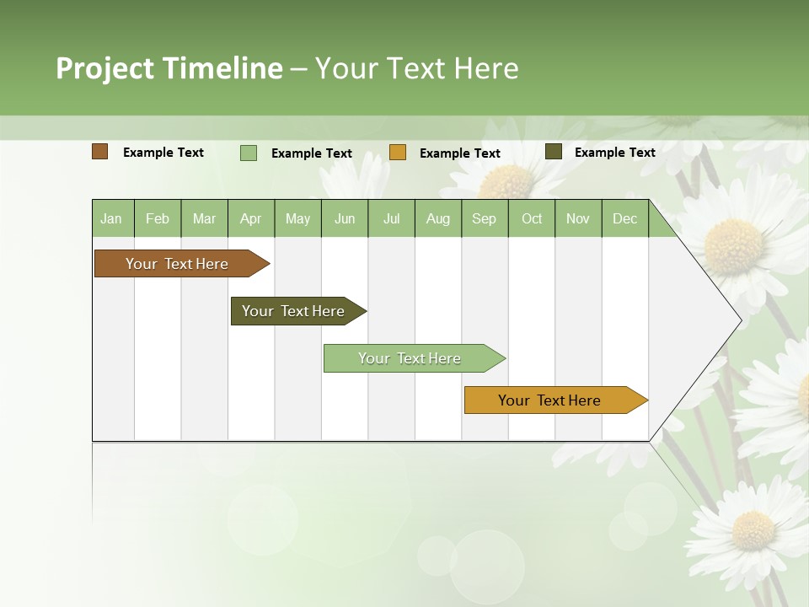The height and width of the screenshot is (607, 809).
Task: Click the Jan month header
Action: [x=111, y=218]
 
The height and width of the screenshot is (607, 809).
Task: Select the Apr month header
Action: [x=250, y=218]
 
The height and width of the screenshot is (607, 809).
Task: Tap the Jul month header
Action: [x=391, y=218]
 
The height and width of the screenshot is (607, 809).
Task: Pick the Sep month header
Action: [x=484, y=218]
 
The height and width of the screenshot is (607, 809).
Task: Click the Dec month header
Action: [x=624, y=218]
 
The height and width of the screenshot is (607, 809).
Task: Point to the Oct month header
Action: [x=532, y=218]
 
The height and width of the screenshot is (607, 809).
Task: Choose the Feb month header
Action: [x=158, y=218]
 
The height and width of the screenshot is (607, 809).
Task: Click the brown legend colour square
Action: [x=100, y=152]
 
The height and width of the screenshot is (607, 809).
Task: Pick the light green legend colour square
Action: [x=249, y=153]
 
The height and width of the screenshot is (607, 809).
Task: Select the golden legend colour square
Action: [x=398, y=153]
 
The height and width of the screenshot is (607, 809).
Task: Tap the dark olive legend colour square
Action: [x=554, y=152]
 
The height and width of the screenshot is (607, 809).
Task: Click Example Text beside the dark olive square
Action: [x=614, y=153]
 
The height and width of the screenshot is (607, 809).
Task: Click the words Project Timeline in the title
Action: [x=169, y=68]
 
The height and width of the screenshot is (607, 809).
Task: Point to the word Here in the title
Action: [x=486, y=68]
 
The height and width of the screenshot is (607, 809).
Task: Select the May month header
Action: [x=297, y=218]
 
